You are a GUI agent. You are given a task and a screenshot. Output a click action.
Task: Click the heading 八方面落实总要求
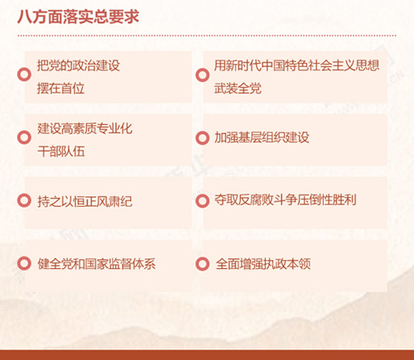pyautogui.click(x=79, y=17)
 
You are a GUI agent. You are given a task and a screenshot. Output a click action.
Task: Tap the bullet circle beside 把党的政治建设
pyautogui.click(x=24, y=74)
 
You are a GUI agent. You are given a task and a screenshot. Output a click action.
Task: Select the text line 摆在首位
pyautogui.click(x=60, y=89)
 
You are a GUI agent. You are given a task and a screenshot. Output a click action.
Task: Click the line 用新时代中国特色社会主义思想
pyautogui.click(x=296, y=65)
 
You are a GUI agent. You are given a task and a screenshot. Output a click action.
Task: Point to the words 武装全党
pyautogui.click(x=238, y=89)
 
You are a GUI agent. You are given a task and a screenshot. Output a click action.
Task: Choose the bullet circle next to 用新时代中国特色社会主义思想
pyautogui.click(x=202, y=74)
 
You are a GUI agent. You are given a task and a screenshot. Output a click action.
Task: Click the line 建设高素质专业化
pyautogui.click(x=84, y=129)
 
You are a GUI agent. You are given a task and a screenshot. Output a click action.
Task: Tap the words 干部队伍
pyautogui.click(x=61, y=151)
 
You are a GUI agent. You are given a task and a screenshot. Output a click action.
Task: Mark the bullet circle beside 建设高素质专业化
pyautogui.click(x=24, y=137)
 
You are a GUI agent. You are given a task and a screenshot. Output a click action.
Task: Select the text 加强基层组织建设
pyautogui.click(x=262, y=137)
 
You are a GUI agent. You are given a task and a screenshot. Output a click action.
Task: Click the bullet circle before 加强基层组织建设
pyautogui.click(x=202, y=137)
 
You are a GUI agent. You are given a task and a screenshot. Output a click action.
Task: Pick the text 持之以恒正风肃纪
pyautogui.click(x=84, y=201)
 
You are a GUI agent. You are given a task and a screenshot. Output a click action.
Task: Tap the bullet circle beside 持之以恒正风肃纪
pyautogui.click(x=24, y=200)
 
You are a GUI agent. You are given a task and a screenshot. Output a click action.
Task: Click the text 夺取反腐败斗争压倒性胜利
pyautogui.click(x=286, y=200)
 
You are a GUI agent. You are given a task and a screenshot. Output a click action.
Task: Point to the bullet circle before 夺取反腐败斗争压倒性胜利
pyautogui.click(x=202, y=200)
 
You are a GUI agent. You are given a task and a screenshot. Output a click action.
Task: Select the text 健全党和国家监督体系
pyautogui.click(x=97, y=264)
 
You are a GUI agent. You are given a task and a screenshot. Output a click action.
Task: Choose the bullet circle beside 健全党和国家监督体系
pyautogui.click(x=24, y=263)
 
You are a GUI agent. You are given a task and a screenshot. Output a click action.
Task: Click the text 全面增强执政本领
pyautogui.click(x=263, y=264)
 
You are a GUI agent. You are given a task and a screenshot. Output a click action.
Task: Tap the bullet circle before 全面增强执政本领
pyautogui.click(x=202, y=264)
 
